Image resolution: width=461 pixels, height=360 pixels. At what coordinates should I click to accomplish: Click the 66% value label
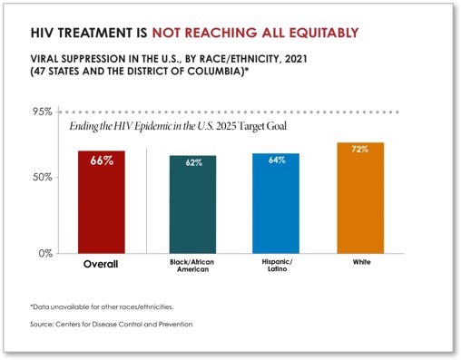click(101, 161)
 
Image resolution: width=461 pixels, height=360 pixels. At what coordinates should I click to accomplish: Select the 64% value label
click(277, 161)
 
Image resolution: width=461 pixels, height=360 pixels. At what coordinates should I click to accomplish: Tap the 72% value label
click(360, 150)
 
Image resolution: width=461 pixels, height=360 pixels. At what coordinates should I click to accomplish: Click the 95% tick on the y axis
click(43, 112)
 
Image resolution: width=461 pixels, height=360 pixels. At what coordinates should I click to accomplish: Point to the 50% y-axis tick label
click(43, 177)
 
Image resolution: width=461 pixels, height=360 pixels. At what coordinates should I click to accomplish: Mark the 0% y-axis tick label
click(45, 253)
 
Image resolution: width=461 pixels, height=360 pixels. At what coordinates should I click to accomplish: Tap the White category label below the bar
click(360, 262)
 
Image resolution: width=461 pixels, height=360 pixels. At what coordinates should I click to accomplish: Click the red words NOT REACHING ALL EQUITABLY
click(253, 34)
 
